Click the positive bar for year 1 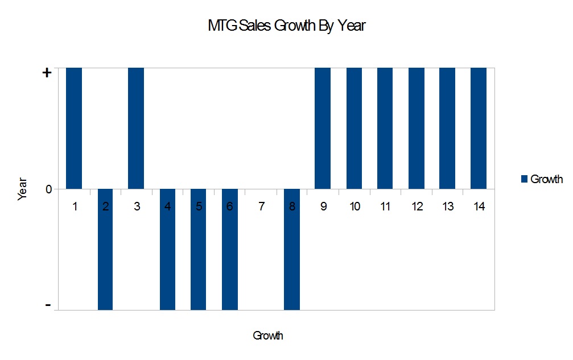(74, 128)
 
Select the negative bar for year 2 (105, 249)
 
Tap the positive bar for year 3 (136, 128)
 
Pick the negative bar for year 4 (167, 249)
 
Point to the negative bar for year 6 (229, 249)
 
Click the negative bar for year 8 (291, 249)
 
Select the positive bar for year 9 (323, 128)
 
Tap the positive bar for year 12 (417, 128)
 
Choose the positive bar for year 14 (479, 128)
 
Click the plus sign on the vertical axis (47, 73)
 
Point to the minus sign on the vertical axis (48, 306)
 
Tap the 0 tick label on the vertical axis (48, 189)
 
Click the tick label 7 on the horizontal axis (261, 206)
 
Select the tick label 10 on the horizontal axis (354, 206)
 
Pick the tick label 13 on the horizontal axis (448, 206)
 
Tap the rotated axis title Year (23, 189)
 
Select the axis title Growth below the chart (268, 336)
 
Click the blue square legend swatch (523, 179)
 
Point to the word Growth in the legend (546, 179)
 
